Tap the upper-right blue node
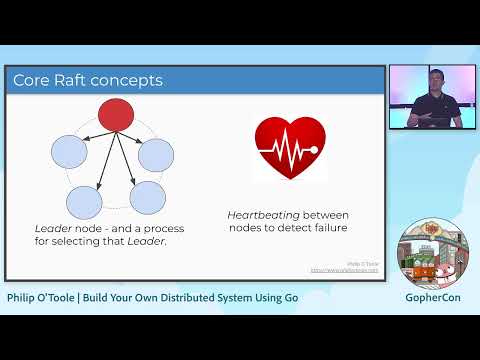tap(156, 156)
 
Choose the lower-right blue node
tap(147, 197)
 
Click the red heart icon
tap(289, 147)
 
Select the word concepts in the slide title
tap(129, 79)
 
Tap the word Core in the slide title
tap(31, 79)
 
